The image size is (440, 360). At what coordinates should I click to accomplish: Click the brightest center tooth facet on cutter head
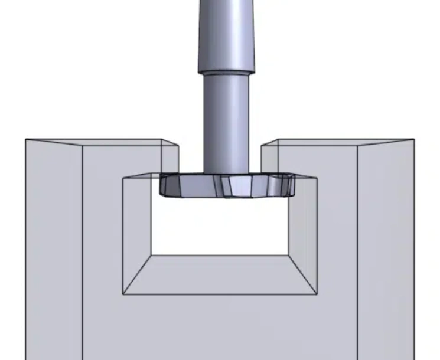point(240,187)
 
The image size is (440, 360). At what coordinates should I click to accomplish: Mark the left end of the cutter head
point(161,186)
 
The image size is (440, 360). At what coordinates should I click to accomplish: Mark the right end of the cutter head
point(292,184)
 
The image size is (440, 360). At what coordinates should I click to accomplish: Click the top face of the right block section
point(337,142)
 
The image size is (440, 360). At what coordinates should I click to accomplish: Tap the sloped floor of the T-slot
point(220,274)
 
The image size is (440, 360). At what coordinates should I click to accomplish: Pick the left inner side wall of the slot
point(137,236)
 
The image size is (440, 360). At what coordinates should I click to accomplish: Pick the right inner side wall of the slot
point(302,236)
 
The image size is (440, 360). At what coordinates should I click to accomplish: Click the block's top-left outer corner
point(25,140)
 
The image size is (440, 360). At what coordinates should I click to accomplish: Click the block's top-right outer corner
point(414,140)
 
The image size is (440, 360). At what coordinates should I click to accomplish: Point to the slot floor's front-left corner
point(123,294)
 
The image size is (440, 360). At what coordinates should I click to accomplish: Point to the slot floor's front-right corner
point(317,294)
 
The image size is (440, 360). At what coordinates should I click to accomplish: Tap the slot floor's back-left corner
point(152,255)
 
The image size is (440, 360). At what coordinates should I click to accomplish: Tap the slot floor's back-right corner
point(288,255)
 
